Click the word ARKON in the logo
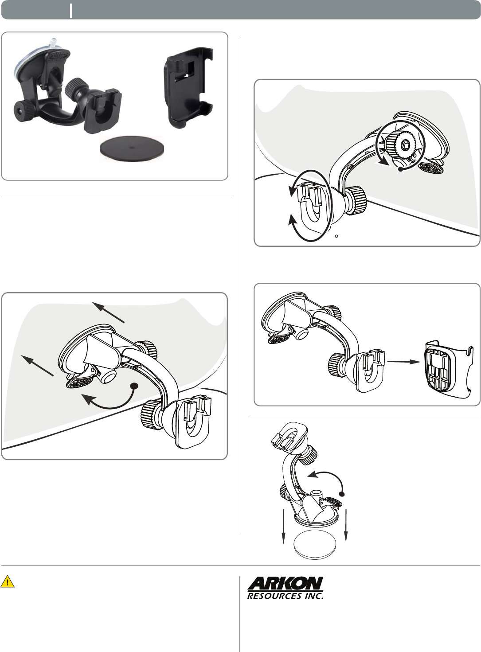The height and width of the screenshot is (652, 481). click(285, 584)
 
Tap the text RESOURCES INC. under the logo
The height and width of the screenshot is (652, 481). click(285, 596)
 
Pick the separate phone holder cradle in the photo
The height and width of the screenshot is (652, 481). click(188, 87)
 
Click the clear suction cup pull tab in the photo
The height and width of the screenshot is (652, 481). click(53, 42)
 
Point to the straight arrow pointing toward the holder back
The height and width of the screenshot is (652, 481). click(404, 362)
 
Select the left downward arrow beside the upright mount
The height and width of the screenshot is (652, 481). click(284, 526)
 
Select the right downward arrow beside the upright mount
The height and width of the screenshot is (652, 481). click(346, 525)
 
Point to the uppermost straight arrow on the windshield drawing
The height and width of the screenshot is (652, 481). click(108, 312)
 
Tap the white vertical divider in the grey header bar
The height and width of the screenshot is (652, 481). click(71, 11)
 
